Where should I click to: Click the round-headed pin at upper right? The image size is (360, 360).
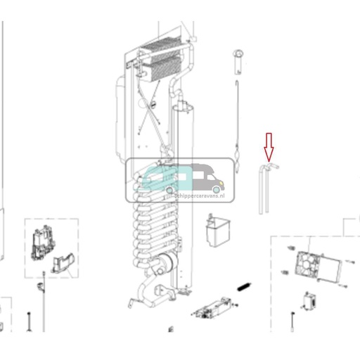coord(238,55)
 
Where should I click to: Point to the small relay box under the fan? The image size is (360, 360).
coord(308,300)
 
